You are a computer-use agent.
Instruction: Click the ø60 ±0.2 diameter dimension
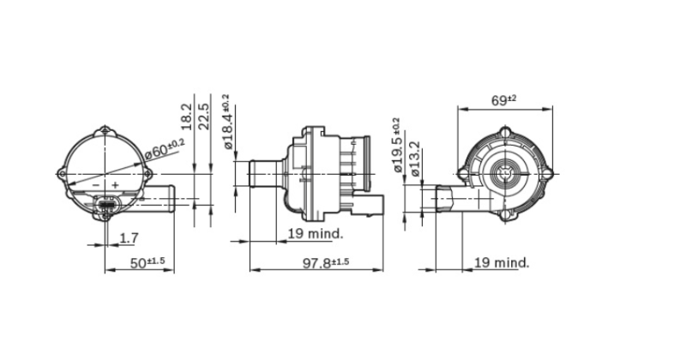(165, 148)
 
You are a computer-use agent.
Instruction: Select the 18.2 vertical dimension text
(187, 117)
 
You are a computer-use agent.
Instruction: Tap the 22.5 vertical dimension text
(204, 117)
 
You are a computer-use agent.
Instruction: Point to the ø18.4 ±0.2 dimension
(227, 122)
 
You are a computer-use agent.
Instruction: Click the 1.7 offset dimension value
(129, 238)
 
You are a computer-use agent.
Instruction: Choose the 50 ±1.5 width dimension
(147, 263)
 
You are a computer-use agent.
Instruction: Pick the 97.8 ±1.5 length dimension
(326, 263)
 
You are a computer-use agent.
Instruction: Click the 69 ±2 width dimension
(503, 100)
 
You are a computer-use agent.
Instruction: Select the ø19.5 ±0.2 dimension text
(397, 145)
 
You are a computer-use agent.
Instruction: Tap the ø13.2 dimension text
(415, 159)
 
